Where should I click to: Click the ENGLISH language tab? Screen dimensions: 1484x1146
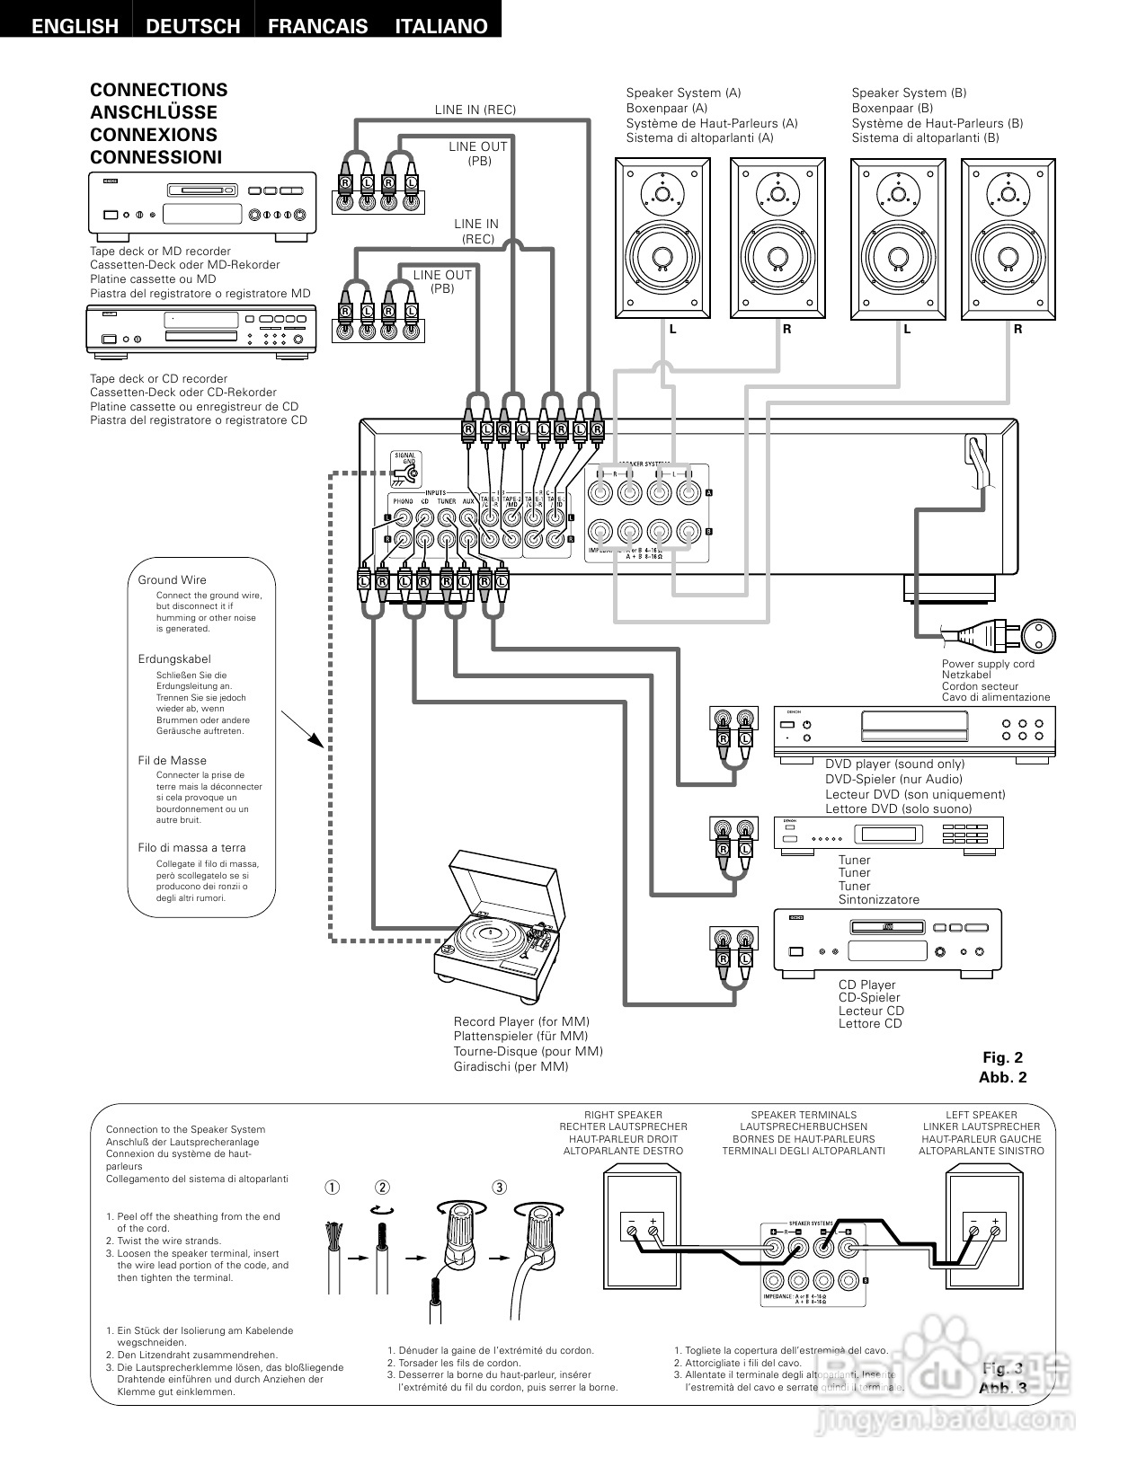[75, 26]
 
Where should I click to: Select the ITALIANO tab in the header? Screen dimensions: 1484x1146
[440, 26]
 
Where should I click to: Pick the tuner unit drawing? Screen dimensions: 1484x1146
[888, 834]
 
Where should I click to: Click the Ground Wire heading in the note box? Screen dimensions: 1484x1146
[172, 580]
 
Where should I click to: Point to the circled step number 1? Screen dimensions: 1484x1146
[333, 1187]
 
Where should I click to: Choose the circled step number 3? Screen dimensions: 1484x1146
[499, 1187]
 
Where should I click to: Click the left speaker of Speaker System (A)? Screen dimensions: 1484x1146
[662, 238]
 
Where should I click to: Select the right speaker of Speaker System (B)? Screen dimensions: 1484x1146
[1008, 238]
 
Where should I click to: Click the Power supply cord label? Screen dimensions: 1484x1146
[988, 664]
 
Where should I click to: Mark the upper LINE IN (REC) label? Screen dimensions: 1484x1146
[475, 110]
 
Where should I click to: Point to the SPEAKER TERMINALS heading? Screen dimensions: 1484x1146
[804, 1115]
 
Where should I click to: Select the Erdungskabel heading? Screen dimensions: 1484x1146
[174, 659]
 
